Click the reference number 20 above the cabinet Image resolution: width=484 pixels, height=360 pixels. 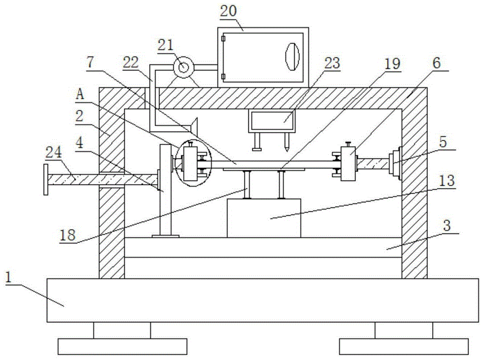(x=229, y=11)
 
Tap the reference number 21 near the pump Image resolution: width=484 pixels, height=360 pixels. (x=166, y=45)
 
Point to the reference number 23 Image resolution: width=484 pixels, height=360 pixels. (x=332, y=63)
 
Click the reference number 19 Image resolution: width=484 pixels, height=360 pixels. (x=393, y=64)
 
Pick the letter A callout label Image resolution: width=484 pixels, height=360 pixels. (x=80, y=94)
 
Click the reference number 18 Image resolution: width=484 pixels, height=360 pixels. (x=68, y=235)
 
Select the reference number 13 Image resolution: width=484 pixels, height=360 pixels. (x=447, y=181)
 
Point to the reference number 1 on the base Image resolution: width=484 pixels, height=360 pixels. (x=9, y=277)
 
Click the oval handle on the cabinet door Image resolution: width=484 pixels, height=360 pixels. (x=292, y=57)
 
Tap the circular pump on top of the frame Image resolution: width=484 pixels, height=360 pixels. (x=183, y=67)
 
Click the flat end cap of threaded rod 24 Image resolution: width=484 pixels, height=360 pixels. (x=45, y=180)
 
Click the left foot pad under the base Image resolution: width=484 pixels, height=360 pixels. (x=122, y=346)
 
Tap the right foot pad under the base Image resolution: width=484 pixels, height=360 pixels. (x=404, y=346)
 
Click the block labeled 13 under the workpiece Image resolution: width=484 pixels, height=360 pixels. (x=264, y=218)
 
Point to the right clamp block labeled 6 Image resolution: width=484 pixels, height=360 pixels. (x=348, y=164)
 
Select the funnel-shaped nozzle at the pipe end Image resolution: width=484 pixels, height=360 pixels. (x=193, y=125)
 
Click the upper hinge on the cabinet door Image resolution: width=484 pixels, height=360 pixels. (x=223, y=39)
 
